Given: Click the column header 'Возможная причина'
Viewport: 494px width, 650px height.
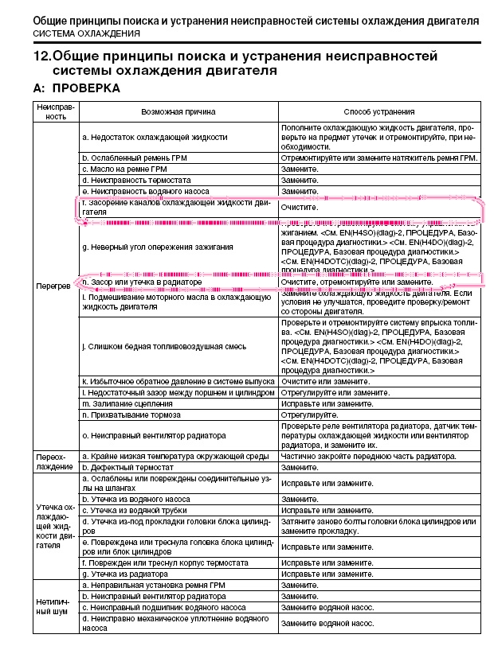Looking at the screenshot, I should pyautogui.click(x=178, y=111).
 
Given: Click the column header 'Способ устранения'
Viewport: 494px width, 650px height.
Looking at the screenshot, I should pyautogui.click(x=379, y=111).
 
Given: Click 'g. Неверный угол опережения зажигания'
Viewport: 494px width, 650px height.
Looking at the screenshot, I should pyautogui.click(x=157, y=247).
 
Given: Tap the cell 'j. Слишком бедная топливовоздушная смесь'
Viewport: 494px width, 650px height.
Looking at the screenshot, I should pyautogui.click(x=163, y=346).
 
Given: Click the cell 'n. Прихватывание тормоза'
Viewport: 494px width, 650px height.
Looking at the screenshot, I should pyautogui.click(x=128, y=415).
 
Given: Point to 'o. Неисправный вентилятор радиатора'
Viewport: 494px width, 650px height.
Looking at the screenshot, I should pyautogui.click(x=154, y=435).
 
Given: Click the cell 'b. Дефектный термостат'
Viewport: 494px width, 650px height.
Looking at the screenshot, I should pyautogui.click(x=125, y=467).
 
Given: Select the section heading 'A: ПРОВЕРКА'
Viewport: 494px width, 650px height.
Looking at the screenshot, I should pyautogui.click(x=76, y=88).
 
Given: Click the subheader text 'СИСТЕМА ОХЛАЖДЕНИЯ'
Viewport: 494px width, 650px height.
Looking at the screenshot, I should pyautogui.click(x=86, y=35).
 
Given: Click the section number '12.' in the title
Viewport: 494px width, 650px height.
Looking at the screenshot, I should pyautogui.click(x=41, y=56).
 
